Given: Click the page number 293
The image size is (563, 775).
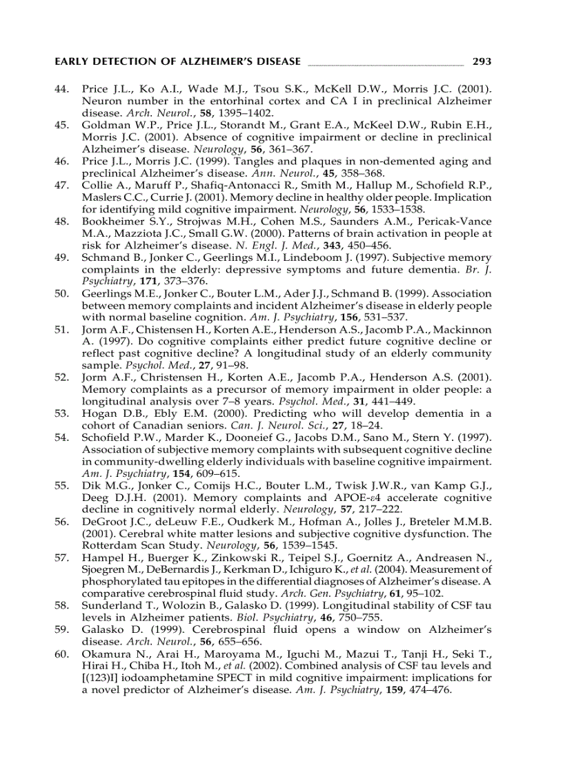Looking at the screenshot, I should pyautogui.click(x=482, y=61).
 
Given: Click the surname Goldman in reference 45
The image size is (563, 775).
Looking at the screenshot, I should pyautogui.click(x=103, y=126).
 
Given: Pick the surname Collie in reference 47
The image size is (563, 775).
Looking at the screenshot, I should pyautogui.click(x=97, y=185).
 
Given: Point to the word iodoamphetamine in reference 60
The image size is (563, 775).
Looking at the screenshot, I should pyautogui.click(x=158, y=677).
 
